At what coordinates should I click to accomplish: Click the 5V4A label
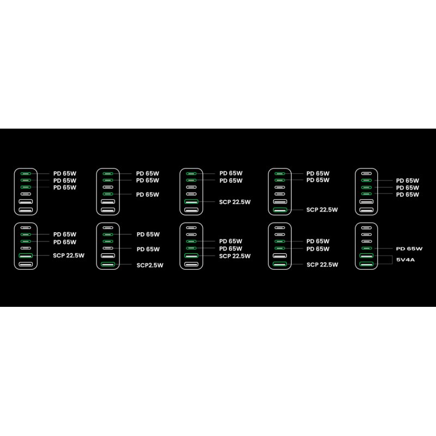pyautogui.click(x=405, y=260)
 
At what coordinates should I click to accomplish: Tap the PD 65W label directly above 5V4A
pyautogui.click(x=409, y=249)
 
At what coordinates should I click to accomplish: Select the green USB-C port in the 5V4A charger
pyautogui.click(x=366, y=249)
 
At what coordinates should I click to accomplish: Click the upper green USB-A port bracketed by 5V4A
pyautogui.click(x=366, y=256)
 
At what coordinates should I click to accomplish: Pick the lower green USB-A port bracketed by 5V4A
pyautogui.click(x=366, y=264)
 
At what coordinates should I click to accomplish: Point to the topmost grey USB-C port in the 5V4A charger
pyautogui.click(x=366, y=228)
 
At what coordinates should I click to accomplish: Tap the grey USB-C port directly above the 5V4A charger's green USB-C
pyautogui.click(x=366, y=241)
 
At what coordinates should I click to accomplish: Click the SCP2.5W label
pyautogui.click(x=150, y=265)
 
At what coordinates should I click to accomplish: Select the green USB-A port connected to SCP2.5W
pyautogui.click(x=108, y=264)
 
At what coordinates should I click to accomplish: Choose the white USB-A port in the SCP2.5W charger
pyautogui.click(x=108, y=256)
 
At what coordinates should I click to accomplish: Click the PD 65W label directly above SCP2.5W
pyautogui.click(x=148, y=249)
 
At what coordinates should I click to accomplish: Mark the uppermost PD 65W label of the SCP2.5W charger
pyautogui.click(x=148, y=234)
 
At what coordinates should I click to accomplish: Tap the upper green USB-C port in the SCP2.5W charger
pyautogui.click(x=108, y=234)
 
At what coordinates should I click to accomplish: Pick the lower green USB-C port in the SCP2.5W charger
pyautogui.click(x=108, y=241)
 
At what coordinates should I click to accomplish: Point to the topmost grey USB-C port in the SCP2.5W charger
pyautogui.click(x=108, y=228)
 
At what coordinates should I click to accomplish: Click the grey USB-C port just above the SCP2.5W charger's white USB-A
pyautogui.click(x=108, y=249)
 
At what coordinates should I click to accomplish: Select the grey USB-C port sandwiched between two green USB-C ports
pyautogui.click(x=108, y=187)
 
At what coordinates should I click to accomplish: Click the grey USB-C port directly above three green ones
pyautogui.click(x=366, y=173)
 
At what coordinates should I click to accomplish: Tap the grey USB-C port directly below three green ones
pyautogui.click(x=26, y=194)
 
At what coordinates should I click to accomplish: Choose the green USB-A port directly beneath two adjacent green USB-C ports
pyautogui.click(x=191, y=256)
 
